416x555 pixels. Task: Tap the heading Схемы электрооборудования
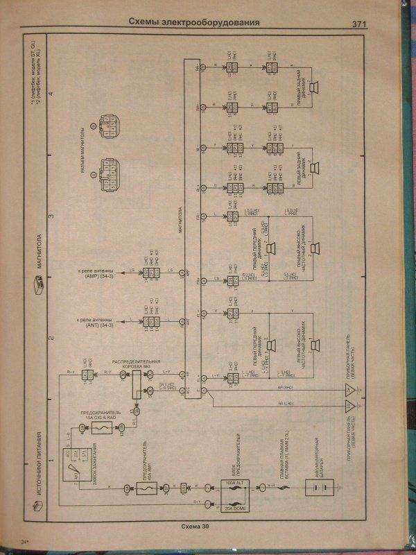tap(194, 22)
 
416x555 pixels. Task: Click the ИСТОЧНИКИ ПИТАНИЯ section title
tap(40, 469)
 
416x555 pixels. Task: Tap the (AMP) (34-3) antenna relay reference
tap(106, 273)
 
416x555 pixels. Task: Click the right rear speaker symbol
tap(314, 87)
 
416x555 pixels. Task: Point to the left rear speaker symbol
tap(314, 167)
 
